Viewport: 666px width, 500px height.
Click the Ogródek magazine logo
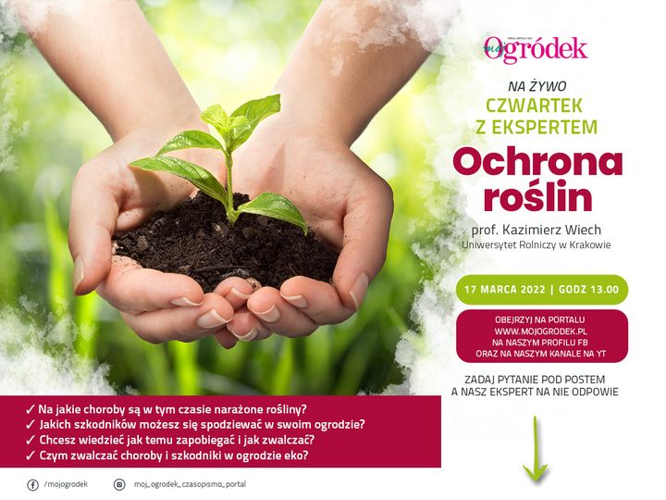[x=536, y=49]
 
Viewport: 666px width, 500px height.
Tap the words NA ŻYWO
[x=536, y=86]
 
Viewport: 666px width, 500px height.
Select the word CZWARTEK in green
[x=534, y=106]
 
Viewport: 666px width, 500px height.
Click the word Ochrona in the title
[x=537, y=162]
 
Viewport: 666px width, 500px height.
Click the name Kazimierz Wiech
[x=551, y=230]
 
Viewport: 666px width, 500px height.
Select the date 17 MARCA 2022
[x=505, y=290]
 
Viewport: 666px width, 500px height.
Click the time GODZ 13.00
[x=588, y=290]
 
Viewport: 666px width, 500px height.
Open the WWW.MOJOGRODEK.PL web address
[x=541, y=331]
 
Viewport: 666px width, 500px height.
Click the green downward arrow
[x=536, y=448]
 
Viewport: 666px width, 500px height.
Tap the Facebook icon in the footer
[x=32, y=484]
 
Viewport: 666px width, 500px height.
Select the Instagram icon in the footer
[x=119, y=484]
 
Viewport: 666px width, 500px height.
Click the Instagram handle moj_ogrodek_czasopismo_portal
[x=190, y=484]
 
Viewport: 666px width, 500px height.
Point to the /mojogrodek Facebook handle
[x=66, y=484]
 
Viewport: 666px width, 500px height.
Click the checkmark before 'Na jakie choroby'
[x=31, y=409]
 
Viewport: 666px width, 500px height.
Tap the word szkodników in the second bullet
[x=106, y=425]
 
